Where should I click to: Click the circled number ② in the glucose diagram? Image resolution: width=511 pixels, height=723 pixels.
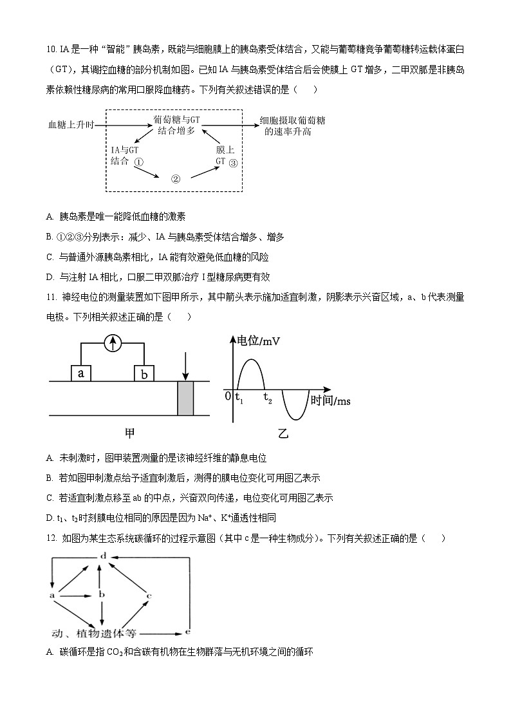coord(175,180)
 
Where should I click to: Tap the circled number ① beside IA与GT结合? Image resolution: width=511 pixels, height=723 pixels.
coord(138,162)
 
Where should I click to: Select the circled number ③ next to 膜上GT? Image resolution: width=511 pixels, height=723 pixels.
coord(233,163)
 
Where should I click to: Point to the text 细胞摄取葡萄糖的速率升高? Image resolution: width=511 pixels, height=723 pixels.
coord(292,126)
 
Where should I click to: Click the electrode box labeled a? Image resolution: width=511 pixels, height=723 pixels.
coord(80,373)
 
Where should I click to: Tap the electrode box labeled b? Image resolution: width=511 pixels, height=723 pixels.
coord(144,373)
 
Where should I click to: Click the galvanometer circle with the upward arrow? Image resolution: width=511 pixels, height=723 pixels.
coord(113,344)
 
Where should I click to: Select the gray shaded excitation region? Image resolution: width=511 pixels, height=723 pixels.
coord(185,398)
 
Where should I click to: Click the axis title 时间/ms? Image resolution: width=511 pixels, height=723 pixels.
coord(330,401)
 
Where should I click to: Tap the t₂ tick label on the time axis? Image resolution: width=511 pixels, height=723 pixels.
coord(268,400)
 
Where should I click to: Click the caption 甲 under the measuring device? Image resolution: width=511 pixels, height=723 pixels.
coord(130,433)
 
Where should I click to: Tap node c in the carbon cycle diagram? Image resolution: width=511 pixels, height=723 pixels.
coord(149,596)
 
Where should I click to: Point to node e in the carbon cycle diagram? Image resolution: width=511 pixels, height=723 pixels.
coord(187,632)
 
